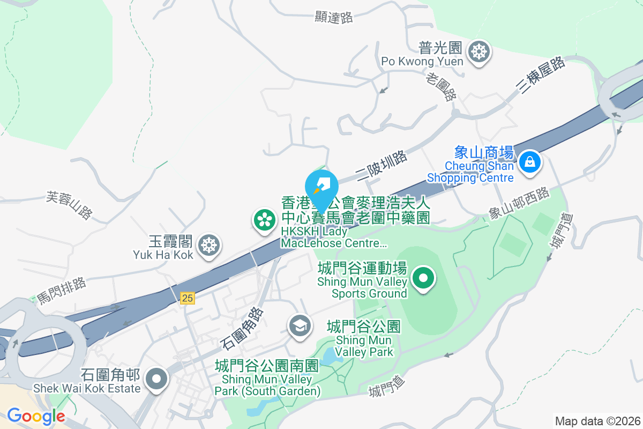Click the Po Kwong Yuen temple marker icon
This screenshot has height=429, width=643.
478,52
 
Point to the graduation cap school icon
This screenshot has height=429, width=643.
300,325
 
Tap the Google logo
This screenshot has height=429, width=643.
36,416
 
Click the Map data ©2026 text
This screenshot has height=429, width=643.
597,421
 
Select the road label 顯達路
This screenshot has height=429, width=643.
333,17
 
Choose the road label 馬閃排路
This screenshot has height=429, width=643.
62,291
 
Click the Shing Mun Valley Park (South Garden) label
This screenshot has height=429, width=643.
267,378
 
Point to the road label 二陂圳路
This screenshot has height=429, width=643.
381,166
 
